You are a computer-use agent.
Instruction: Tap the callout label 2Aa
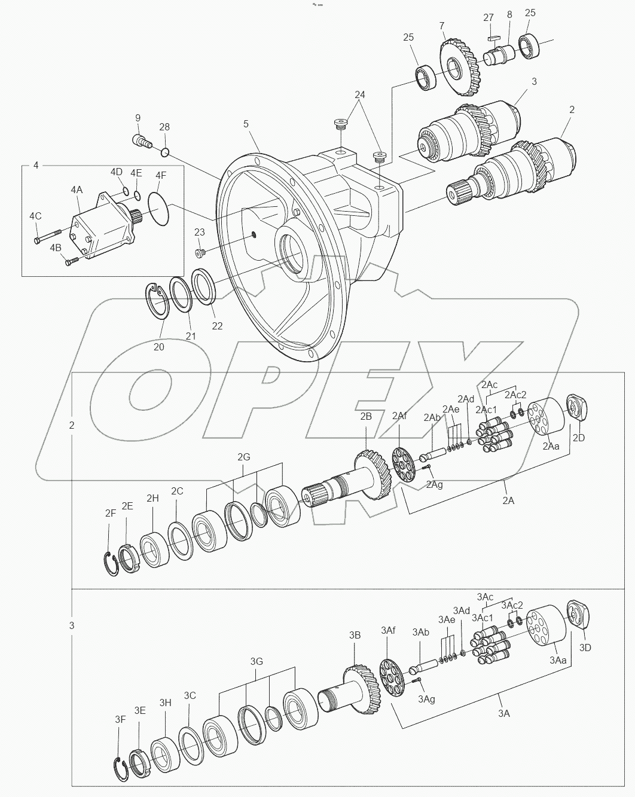click(551, 446)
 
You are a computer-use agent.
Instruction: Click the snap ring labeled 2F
click(109, 564)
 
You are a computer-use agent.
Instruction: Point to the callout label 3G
click(256, 662)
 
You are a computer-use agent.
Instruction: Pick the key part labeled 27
click(493, 38)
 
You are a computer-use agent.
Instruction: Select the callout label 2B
click(366, 417)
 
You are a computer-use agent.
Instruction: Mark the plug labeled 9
click(140, 141)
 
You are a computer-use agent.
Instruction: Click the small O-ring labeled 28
click(164, 152)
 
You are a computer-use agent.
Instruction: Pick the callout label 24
click(359, 94)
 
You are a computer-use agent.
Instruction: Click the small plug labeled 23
click(200, 254)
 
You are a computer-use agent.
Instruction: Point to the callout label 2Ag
click(434, 484)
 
